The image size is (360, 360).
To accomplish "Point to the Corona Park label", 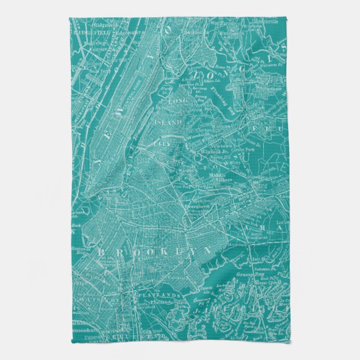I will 247,150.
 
